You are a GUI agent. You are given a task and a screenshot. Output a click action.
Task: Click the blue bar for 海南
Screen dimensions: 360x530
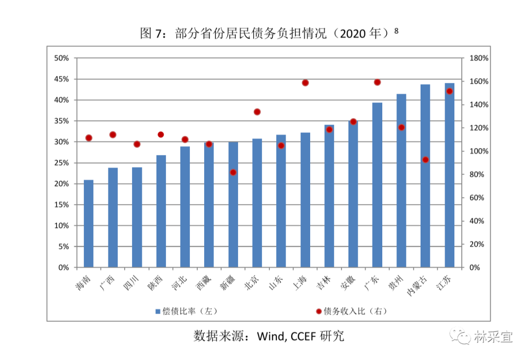pos(88,224)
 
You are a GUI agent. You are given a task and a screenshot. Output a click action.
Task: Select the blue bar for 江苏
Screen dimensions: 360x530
pos(450,175)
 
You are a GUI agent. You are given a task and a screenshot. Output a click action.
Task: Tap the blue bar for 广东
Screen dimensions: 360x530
pos(377,185)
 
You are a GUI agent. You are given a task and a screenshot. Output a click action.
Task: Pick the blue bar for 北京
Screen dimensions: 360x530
pos(257,203)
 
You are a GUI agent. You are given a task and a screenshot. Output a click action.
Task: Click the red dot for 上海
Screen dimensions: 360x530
pos(305,83)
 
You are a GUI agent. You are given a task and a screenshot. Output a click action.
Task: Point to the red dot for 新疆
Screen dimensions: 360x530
pos(233,172)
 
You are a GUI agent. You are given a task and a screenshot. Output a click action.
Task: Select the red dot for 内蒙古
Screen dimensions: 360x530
pos(425,159)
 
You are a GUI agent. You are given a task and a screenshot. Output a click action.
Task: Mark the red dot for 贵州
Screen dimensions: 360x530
pos(401,128)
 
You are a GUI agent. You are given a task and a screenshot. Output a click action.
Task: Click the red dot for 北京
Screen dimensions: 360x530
pos(257,112)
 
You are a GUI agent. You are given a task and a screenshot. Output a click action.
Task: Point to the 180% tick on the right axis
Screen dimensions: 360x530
pos(479,58)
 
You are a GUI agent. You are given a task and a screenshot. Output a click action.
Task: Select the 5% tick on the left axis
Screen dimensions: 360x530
pos(63,247)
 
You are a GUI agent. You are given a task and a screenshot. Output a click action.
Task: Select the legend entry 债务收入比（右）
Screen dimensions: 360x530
pos(351,311)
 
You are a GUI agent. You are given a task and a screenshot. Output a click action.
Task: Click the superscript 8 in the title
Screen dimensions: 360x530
pos(397,30)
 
